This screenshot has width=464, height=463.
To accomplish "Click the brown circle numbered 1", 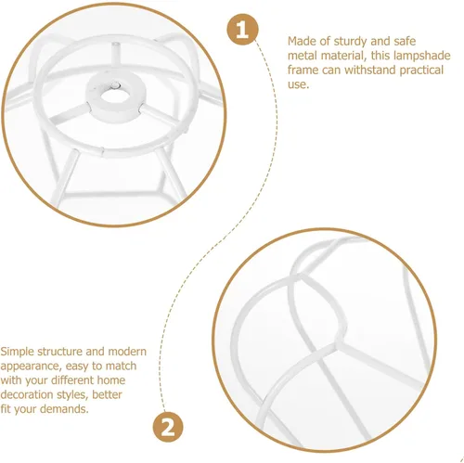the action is (x=242, y=30).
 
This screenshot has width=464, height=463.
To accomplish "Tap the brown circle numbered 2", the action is (x=168, y=427).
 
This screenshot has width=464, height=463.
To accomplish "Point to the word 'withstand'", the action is (x=370, y=70).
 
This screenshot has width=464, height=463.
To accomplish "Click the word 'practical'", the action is (x=421, y=71).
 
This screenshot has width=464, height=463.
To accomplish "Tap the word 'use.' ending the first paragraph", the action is (x=298, y=84).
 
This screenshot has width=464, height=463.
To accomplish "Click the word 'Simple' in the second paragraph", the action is (x=17, y=352).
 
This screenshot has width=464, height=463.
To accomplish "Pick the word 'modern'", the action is (x=127, y=352).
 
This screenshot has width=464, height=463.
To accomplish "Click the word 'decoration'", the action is (x=27, y=395).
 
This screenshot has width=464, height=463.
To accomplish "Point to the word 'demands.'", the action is (x=64, y=409).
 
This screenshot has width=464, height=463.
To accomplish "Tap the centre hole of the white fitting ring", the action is (x=111, y=96).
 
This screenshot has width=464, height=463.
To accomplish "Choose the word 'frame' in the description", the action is (x=303, y=70).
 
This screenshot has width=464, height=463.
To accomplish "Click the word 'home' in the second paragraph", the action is (x=111, y=380).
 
